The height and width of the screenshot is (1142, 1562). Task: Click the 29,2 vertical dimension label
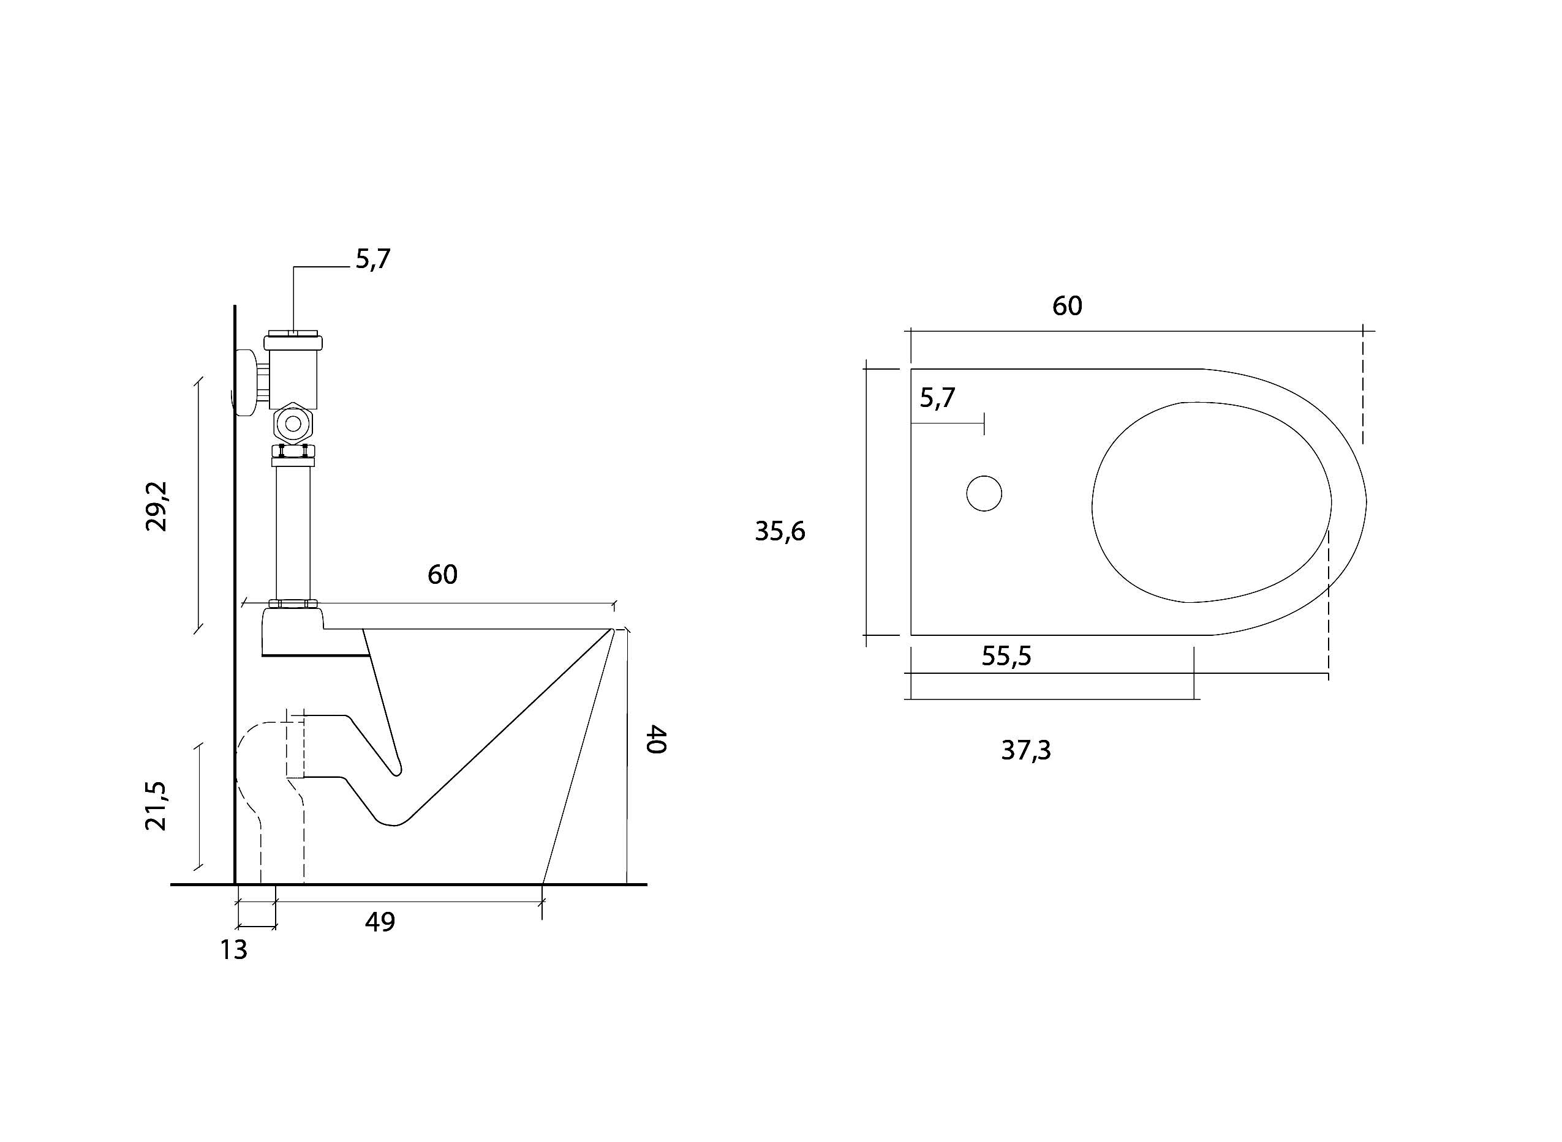pos(156,506)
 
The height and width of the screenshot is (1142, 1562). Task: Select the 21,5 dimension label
pos(156,805)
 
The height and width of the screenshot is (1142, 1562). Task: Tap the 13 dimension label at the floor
pos(234,950)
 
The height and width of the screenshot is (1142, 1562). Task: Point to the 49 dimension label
pos(380,922)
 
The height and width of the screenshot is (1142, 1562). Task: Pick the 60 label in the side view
pos(442,575)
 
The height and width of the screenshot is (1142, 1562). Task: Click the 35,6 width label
pos(780,532)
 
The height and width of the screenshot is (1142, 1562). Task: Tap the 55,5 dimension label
pos(1006,656)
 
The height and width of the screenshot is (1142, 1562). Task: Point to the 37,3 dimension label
pos(1026,750)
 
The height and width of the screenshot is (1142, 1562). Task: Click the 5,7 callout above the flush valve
pos(373,259)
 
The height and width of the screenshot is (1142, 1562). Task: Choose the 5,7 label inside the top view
pos(937,398)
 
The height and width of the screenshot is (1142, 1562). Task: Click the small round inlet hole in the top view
pos(984,493)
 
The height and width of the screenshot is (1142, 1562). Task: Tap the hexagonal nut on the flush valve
pos(293,424)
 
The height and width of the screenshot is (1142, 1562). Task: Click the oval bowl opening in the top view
pos(1211,502)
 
